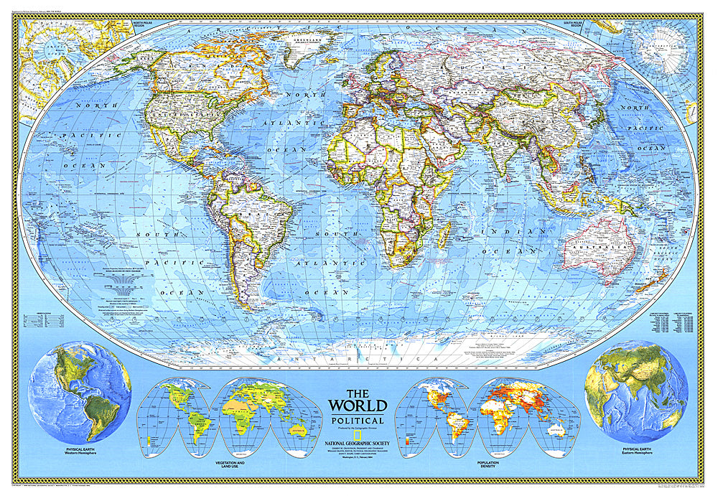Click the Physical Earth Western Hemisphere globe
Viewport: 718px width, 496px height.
(x=80, y=392)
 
